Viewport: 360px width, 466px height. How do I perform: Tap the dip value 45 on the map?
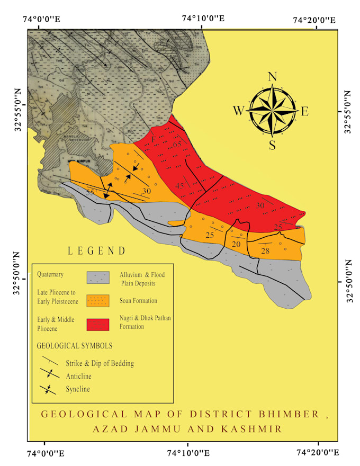coord(180,186)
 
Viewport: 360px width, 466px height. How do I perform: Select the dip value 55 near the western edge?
coord(91,193)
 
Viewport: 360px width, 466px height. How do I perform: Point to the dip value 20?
coord(236,244)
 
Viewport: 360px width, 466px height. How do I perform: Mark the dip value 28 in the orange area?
coord(265,250)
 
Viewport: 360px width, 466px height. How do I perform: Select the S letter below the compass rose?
coord(272,145)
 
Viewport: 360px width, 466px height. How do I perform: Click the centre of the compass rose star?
coord(272,111)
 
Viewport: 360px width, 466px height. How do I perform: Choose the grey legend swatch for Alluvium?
coord(98,277)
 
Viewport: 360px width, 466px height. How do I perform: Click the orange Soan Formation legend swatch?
coord(98,301)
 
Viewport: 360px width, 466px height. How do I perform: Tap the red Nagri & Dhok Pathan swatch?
coord(98,324)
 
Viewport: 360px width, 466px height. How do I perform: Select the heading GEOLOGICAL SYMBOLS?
coord(75,346)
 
